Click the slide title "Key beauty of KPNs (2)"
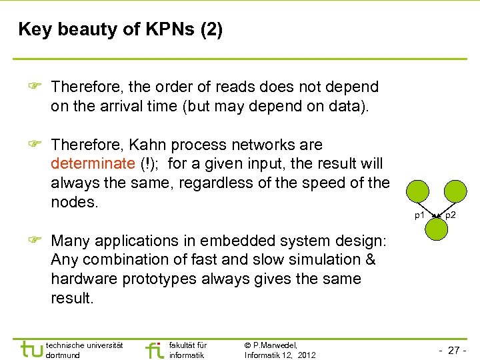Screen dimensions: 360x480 tap(121, 29)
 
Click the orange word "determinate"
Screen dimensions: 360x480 tap(93, 164)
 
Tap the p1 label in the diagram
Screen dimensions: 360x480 tap(419, 215)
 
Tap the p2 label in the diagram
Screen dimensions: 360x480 tap(451, 215)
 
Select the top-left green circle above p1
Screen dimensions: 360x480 tap(419, 192)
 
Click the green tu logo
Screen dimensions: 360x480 tap(30, 349)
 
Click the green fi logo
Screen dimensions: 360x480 tap(154, 349)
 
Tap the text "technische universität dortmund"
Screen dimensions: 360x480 tap(84, 350)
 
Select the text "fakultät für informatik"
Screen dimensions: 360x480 tap(188, 350)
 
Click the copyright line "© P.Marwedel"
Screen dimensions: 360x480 tap(271, 345)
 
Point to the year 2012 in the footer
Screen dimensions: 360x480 tap(306, 355)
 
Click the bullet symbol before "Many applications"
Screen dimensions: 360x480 tap(37, 241)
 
